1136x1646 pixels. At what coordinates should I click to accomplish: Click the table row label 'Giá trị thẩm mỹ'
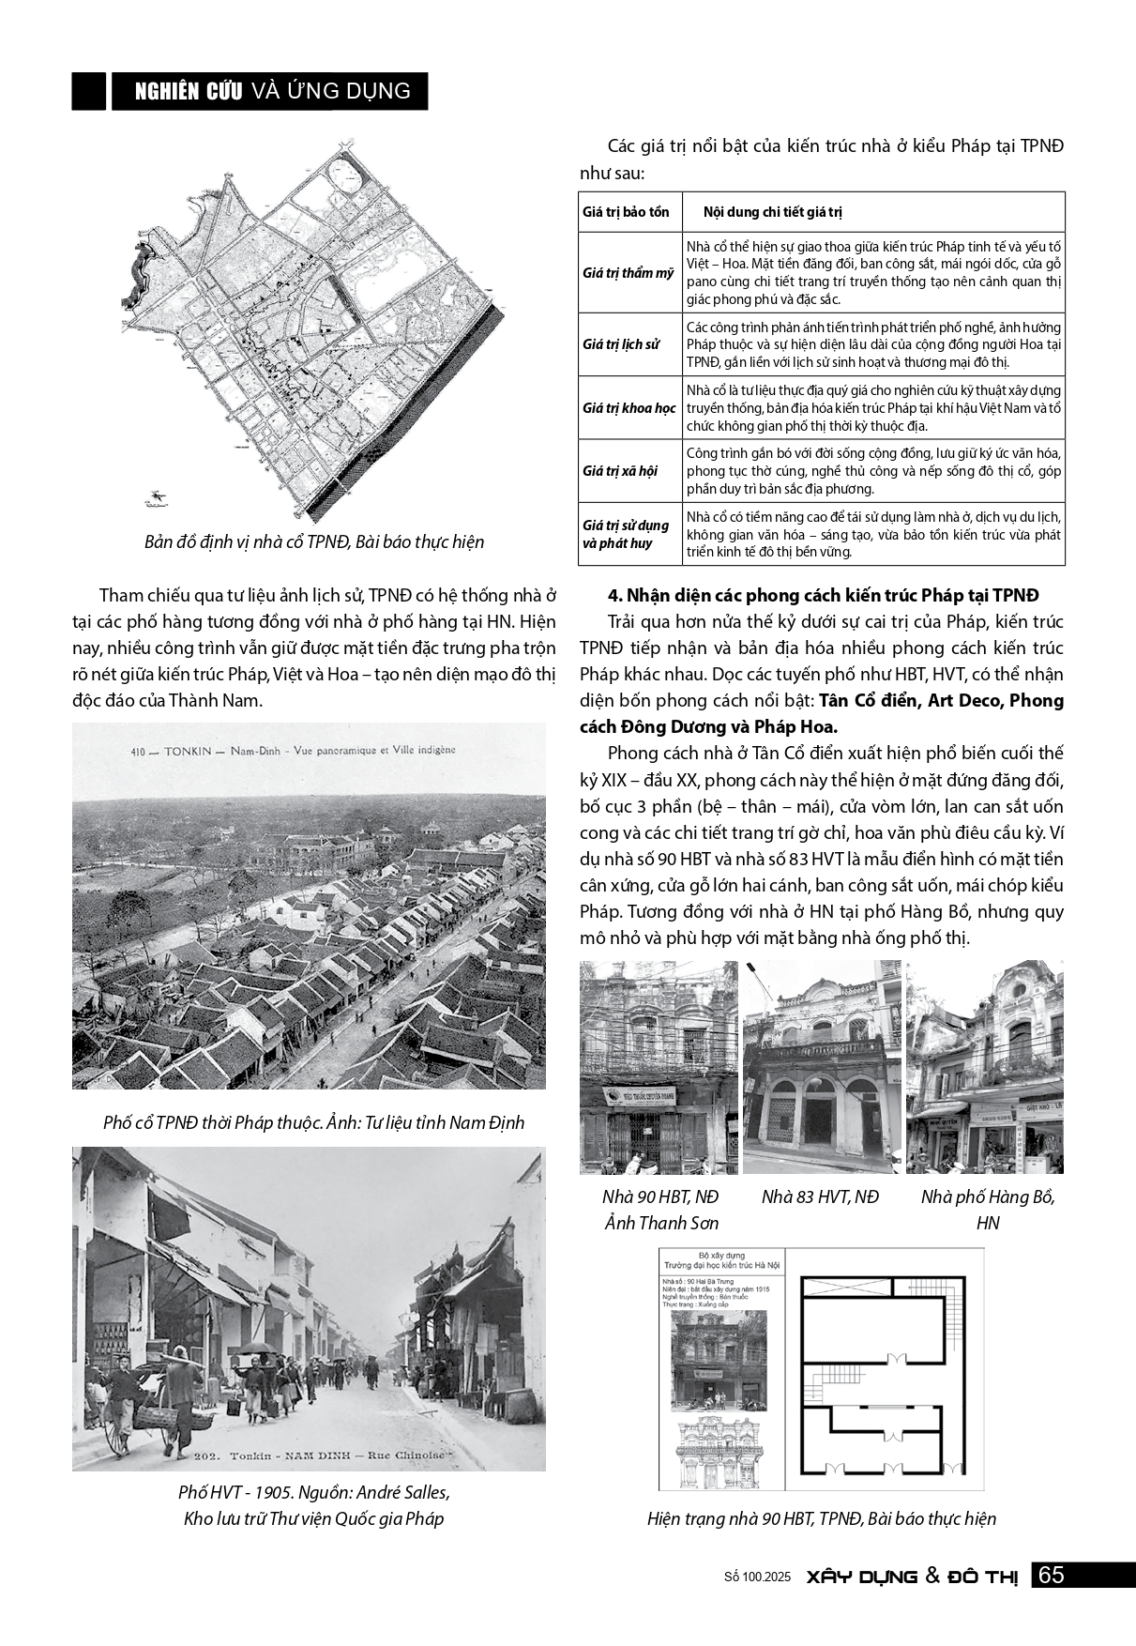628,273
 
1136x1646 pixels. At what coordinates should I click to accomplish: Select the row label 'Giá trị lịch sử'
620,344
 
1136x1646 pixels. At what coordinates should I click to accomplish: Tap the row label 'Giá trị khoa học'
629,408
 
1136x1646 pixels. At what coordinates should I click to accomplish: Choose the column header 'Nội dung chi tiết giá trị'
773,212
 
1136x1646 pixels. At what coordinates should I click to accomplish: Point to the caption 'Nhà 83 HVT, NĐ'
820,1196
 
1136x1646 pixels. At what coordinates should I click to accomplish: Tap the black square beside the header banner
88,91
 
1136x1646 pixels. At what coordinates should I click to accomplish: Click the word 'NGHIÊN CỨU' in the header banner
189,91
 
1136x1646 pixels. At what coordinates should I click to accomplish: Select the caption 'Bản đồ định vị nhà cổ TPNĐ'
313,542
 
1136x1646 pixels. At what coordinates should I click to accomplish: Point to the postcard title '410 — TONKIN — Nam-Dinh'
292,750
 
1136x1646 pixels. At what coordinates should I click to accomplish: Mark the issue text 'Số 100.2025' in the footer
752,1577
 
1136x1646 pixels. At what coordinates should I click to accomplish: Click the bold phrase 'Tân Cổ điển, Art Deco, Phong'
941,701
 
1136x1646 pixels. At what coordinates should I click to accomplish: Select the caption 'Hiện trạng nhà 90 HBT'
821,1518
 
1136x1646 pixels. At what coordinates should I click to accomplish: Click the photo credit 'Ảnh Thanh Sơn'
660,1223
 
